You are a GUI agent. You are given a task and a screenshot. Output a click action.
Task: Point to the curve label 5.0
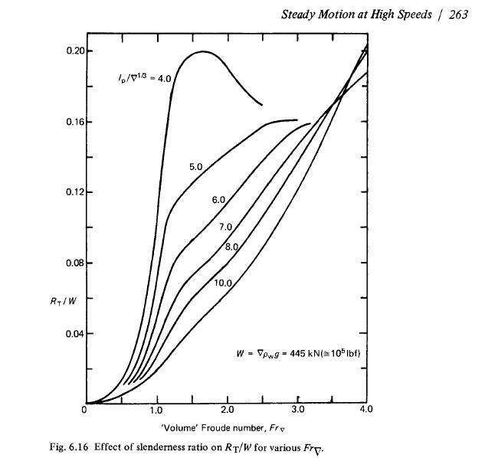coord(195,166)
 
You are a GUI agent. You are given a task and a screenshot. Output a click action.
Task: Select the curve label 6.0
coord(218,200)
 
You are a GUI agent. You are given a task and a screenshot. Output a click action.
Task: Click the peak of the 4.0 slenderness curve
coord(204,52)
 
